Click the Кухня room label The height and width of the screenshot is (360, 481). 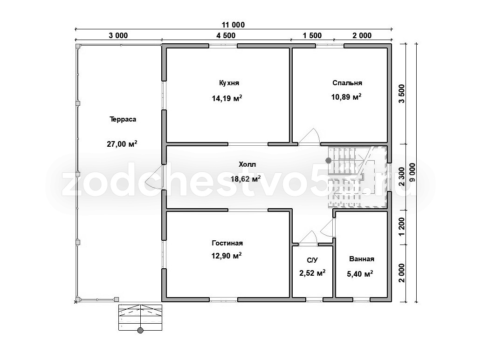pyautogui.click(x=229, y=83)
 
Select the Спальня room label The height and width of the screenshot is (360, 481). pyautogui.click(x=347, y=83)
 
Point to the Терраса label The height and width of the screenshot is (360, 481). pyautogui.click(x=123, y=119)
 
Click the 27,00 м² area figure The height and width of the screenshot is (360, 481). pyautogui.click(x=122, y=143)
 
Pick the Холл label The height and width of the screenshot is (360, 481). pyautogui.click(x=247, y=164)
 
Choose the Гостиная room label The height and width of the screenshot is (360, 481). pyautogui.click(x=227, y=243)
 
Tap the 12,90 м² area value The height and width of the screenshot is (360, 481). pyautogui.click(x=227, y=255)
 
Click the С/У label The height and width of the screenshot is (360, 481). pyautogui.click(x=312, y=260)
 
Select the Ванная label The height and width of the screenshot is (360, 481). pyautogui.click(x=362, y=259)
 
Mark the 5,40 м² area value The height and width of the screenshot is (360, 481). pyautogui.click(x=360, y=273)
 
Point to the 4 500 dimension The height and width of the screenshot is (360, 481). pyautogui.click(x=226, y=35)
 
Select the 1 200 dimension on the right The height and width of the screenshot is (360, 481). pyautogui.click(x=402, y=227)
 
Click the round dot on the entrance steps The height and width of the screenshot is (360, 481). pyautogui.click(x=140, y=330)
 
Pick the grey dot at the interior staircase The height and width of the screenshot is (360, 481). pyautogui.click(x=329, y=160)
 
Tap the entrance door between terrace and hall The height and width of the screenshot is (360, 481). pyautogui.click(x=154, y=177)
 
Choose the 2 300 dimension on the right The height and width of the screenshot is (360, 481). pyautogui.click(x=402, y=177)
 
